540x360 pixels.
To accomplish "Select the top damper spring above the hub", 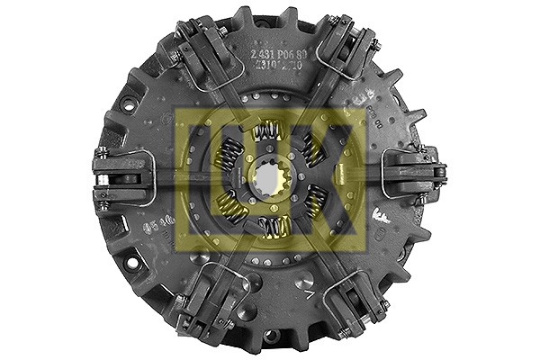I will tap(267, 133).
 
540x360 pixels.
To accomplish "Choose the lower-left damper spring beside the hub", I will tap(230, 208).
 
